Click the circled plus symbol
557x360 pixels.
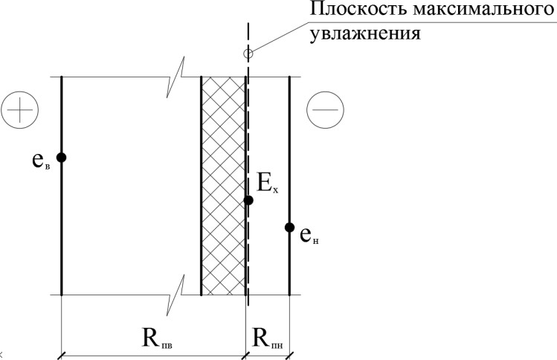click(x=19, y=109)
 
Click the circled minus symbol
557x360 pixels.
click(x=325, y=109)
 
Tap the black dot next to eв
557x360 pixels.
click(x=62, y=157)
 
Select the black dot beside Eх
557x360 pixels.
click(x=248, y=200)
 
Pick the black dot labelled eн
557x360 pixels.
click(x=289, y=227)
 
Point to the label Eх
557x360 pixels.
click(x=268, y=184)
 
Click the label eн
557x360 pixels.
click(x=309, y=236)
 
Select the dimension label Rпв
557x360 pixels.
click(x=157, y=338)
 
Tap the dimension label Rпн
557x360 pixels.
click(x=268, y=338)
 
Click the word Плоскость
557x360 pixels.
click(x=358, y=10)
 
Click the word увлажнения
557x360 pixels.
click(x=365, y=34)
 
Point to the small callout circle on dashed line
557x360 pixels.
click(x=248, y=54)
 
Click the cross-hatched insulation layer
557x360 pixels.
click(x=223, y=185)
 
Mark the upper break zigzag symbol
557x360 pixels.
click(x=176, y=77)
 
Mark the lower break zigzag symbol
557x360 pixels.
click(x=176, y=295)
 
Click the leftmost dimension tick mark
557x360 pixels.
click(x=62, y=356)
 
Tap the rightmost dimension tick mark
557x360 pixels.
click(x=289, y=356)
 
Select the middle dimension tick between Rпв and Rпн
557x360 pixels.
click(x=245, y=356)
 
